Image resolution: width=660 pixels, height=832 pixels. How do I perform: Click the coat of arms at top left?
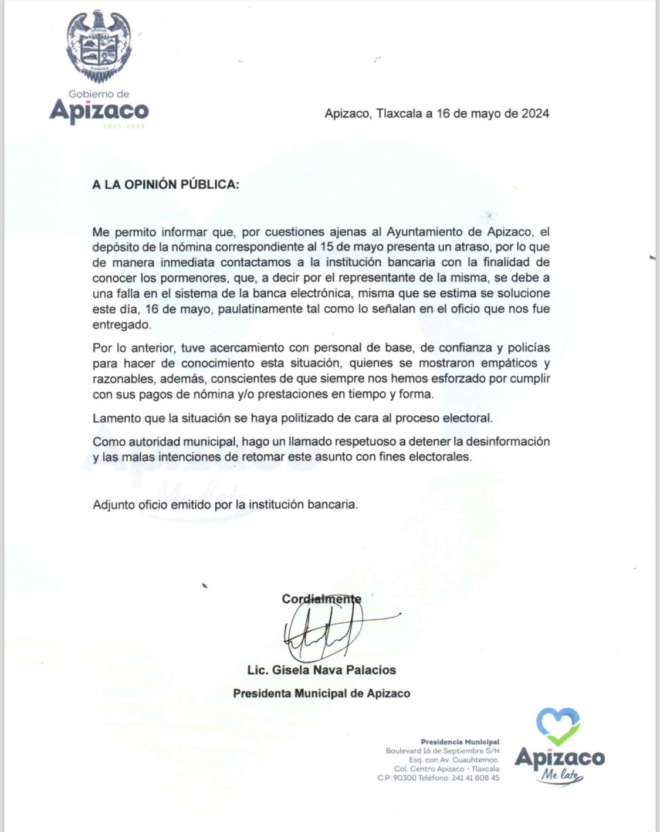[x=99, y=46]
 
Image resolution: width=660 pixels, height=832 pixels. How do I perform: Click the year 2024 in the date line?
[x=535, y=114]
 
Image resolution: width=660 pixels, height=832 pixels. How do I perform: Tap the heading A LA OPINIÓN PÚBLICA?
[x=165, y=184]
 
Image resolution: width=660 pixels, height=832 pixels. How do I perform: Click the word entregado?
[x=121, y=324]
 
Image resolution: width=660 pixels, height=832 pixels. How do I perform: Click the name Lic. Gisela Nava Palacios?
[x=321, y=670]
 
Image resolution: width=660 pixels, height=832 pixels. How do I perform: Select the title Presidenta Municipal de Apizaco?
[x=321, y=693]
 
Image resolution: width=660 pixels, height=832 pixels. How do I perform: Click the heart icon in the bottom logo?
[x=559, y=726]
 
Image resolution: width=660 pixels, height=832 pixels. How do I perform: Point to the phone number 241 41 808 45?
[x=475, y=778]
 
